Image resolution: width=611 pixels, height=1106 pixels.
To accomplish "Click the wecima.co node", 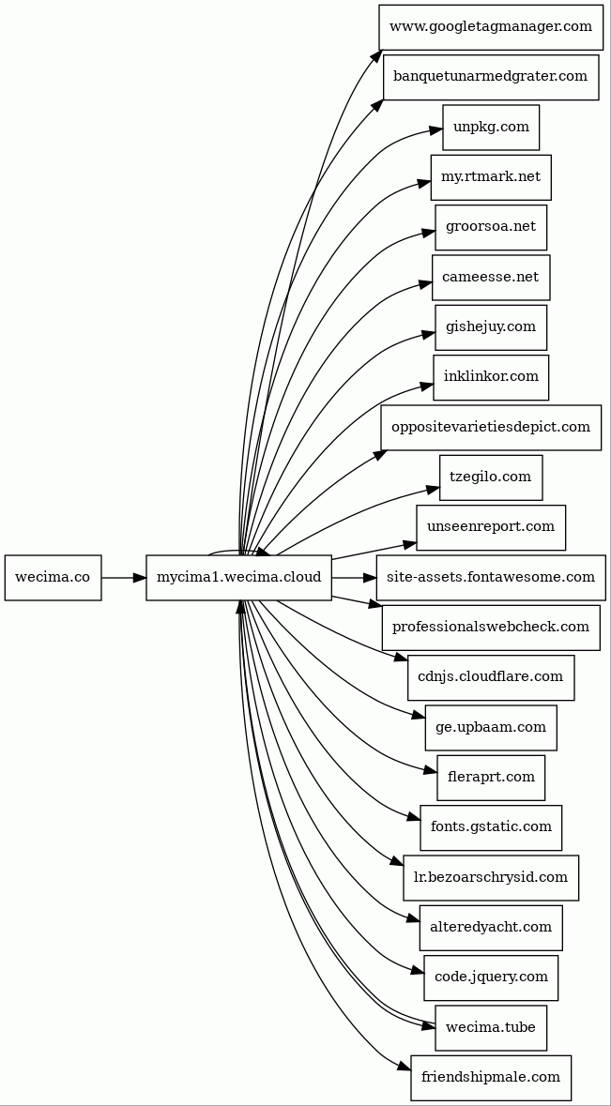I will [x=53, y=578].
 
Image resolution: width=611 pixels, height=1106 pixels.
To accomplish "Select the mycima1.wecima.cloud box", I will [x=238, y=578].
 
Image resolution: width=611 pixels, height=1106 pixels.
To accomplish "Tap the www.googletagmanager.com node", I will [x=490, y=27].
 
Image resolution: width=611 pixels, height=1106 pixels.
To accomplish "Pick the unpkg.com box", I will [x=491, y=128].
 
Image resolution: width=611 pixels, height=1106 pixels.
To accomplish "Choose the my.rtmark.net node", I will [x=491, y=177].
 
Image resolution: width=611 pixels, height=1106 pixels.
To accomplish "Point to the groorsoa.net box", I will [x=491, y=227].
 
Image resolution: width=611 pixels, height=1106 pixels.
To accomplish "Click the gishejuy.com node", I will [x=491, y=327].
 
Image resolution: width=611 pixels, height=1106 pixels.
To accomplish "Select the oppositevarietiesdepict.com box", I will [x=491, y=428].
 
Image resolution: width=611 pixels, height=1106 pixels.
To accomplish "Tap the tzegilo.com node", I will [x=491, y=477].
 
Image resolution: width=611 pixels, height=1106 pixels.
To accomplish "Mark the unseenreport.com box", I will [x=491, y=527].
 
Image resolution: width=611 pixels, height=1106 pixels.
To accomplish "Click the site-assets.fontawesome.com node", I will [x=491, y=578].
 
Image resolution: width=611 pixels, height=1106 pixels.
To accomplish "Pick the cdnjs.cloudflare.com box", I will [x=491, y=677].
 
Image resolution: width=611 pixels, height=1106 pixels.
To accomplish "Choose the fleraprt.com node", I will [x=491, y=778].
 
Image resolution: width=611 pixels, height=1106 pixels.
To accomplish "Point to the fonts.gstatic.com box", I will [x=491, y=827].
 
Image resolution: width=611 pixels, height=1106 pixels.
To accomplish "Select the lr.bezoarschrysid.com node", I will [x=491, y=878].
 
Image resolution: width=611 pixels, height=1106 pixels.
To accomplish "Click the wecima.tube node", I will [x=491, y=1028].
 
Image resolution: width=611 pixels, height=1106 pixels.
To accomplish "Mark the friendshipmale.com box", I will [x=491, y=1078].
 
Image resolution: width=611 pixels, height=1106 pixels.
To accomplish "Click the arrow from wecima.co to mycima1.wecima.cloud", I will [x=123, y=578].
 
